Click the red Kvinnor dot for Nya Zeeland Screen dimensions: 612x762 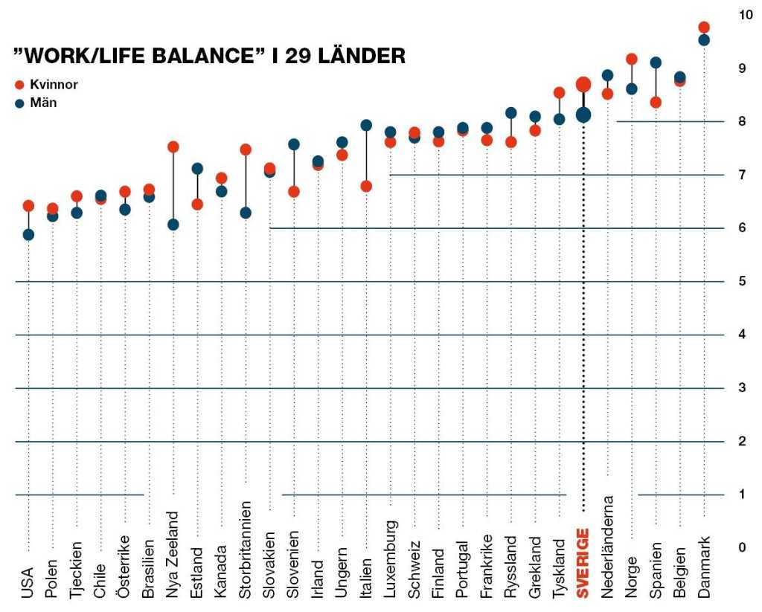coord(173,146)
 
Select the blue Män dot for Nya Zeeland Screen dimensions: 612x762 coord(173,224)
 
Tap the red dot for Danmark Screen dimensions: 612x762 coord(704,28)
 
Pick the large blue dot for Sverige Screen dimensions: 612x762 coord(583,115)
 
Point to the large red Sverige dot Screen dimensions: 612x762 coord(583,85)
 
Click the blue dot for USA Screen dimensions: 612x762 coord(28,235)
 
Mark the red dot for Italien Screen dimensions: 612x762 coord(366,186)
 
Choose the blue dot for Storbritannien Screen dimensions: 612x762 coord(246,213)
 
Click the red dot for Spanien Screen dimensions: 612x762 coord(656,102)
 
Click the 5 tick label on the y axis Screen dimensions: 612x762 coord(742,281)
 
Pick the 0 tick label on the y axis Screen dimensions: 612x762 coord(742,548)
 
